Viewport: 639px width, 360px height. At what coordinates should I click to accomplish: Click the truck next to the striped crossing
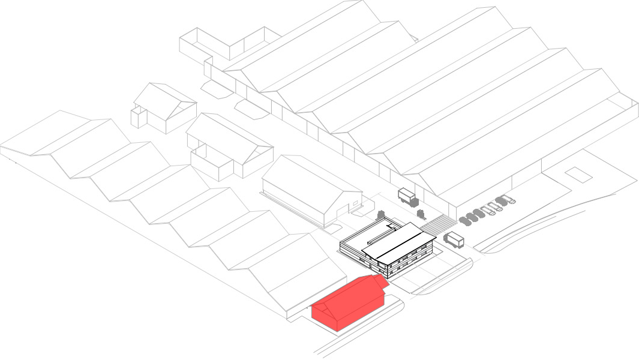454,240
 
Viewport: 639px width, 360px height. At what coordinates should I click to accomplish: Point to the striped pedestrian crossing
439,226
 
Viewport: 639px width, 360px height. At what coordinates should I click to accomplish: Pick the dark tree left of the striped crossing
421,213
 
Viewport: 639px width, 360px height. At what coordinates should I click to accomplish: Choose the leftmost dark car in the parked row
464,221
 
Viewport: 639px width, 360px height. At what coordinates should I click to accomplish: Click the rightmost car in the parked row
509,199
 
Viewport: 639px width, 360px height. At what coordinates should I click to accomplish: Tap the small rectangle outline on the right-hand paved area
577,173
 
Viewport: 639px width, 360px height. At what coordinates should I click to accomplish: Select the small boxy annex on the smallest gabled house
139,116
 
